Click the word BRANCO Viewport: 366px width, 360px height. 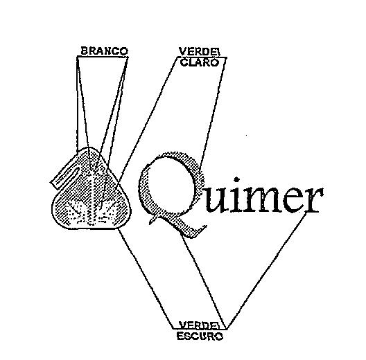(x=105, y=51)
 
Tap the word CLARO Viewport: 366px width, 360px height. (x=200, y=62)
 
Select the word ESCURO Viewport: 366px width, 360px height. (x=200, y=336)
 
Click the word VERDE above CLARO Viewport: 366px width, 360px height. (x=199, y=52)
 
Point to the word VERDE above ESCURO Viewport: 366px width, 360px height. (x=199, y=325)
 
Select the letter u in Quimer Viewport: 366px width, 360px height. (x=216, y=201)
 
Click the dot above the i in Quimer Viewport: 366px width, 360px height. (x=237, y=179)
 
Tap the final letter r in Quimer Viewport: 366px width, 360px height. (x=314, y=200)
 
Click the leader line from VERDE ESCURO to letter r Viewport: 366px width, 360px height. (x=267, y=271)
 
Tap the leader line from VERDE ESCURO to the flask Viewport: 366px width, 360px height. (x=146, y=278)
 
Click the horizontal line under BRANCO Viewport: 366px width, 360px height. (x=102, y=56)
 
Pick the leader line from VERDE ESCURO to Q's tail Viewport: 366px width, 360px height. (x=204, y=280)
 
